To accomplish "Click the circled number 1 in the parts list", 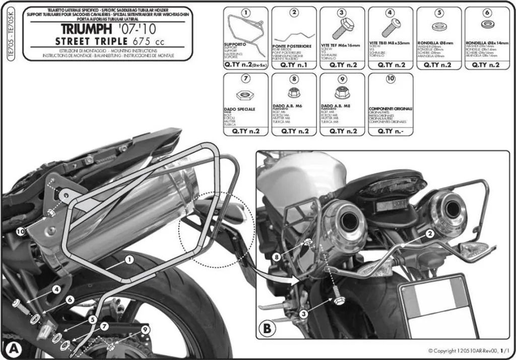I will pyautogui.click(x=245, y=13).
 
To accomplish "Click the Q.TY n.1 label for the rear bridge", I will pyautogui.click(x=294, y=65).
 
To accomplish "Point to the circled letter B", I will pyautogui.click(x=267, y=329).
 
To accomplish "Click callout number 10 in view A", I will pyautogui.click(x=19, y=231).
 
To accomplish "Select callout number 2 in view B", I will pyautogui.click(x=429, y=233).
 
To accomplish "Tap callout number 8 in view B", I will pyautogui.click(x=276, y=257).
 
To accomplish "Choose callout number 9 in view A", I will pyautogui.click(x=145, y=329).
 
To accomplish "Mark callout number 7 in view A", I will pyautogui.click(x=104, y=326).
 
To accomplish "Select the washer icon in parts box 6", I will pyautogui.click(x=487, y=25).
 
